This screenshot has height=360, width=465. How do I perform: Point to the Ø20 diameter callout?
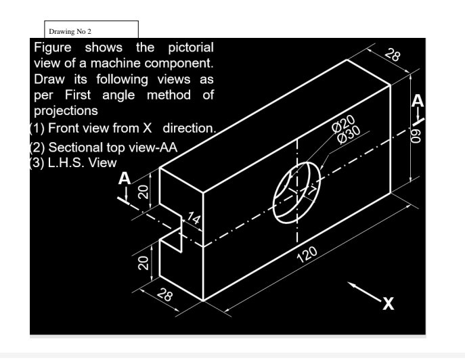(x=344, y=122)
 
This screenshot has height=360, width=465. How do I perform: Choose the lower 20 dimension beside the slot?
(x=143, y=263)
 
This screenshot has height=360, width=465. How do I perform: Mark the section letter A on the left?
(x=123, y=179)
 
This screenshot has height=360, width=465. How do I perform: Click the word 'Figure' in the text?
(x=56, y=49)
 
